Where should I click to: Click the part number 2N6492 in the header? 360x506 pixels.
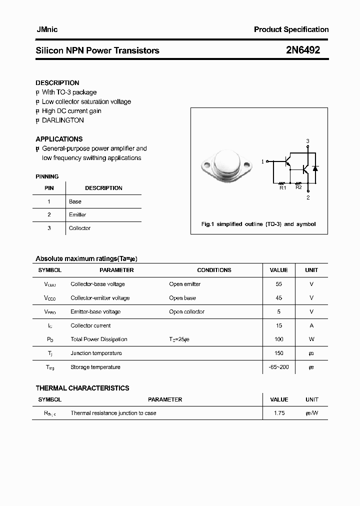[303, 50]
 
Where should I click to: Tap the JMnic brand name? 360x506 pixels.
[47, 29]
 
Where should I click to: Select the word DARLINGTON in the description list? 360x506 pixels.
[63, 120]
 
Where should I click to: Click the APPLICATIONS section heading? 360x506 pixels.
[59, 139]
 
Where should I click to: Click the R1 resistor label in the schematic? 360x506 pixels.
[282, 188]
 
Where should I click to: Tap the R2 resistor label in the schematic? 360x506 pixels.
[298, 187]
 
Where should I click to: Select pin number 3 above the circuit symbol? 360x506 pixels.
[308, 141]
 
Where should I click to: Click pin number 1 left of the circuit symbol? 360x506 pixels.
[263, 161]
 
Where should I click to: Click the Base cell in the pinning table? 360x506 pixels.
[75, 201]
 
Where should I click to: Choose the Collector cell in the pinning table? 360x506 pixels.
[80, 228]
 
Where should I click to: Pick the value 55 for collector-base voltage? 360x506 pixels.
[279, 284]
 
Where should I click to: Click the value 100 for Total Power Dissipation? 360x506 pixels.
[279, 339]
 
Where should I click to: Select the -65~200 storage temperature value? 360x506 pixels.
[279, 367]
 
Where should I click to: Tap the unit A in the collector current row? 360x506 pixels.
[311, 325]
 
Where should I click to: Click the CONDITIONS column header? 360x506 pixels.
[214, 270]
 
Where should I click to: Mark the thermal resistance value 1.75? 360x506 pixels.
[279, 413]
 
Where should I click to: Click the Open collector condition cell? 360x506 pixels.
[187, 311]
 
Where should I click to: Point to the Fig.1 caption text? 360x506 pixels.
[258, 224]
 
